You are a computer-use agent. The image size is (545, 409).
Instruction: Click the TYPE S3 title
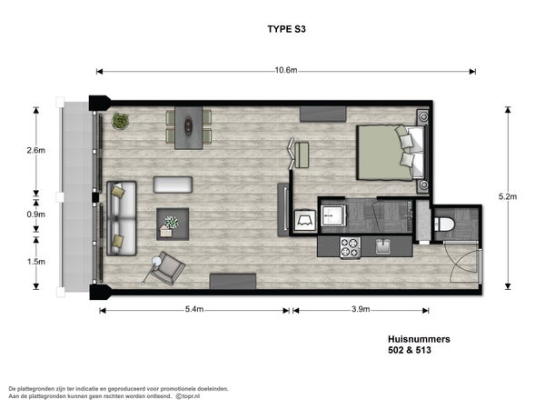click(286, 29)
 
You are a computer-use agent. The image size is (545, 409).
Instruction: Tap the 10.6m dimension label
click(286, 70)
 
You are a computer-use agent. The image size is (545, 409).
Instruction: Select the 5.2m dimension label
click(508, 196)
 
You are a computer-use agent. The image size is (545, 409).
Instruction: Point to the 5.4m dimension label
click(194, 309)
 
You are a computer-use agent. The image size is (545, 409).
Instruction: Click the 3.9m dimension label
click(361, 309)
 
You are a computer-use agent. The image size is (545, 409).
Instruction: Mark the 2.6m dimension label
click(35, 150)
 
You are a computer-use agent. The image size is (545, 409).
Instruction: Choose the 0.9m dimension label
click(35, 214)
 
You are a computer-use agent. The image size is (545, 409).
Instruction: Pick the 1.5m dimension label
click(35, 261)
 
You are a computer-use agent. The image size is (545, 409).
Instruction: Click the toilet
click(443, 224)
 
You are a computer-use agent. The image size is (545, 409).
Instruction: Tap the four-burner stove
click(350, 247)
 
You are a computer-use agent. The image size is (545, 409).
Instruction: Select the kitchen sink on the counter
click(382, 246)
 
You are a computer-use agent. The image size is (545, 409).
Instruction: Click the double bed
click(391, 153)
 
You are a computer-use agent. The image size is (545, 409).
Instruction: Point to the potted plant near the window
click(120, 121)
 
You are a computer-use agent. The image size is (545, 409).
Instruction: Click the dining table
click(188, 127)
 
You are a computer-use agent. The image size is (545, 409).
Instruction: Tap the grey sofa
click(122, 218)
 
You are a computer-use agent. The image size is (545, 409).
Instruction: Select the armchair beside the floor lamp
click(168, 268)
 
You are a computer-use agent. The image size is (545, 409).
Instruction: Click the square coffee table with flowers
click(173, 224)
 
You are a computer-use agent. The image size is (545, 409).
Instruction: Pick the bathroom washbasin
click(333, 215)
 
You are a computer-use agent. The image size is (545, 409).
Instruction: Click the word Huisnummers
click(419, 339)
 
